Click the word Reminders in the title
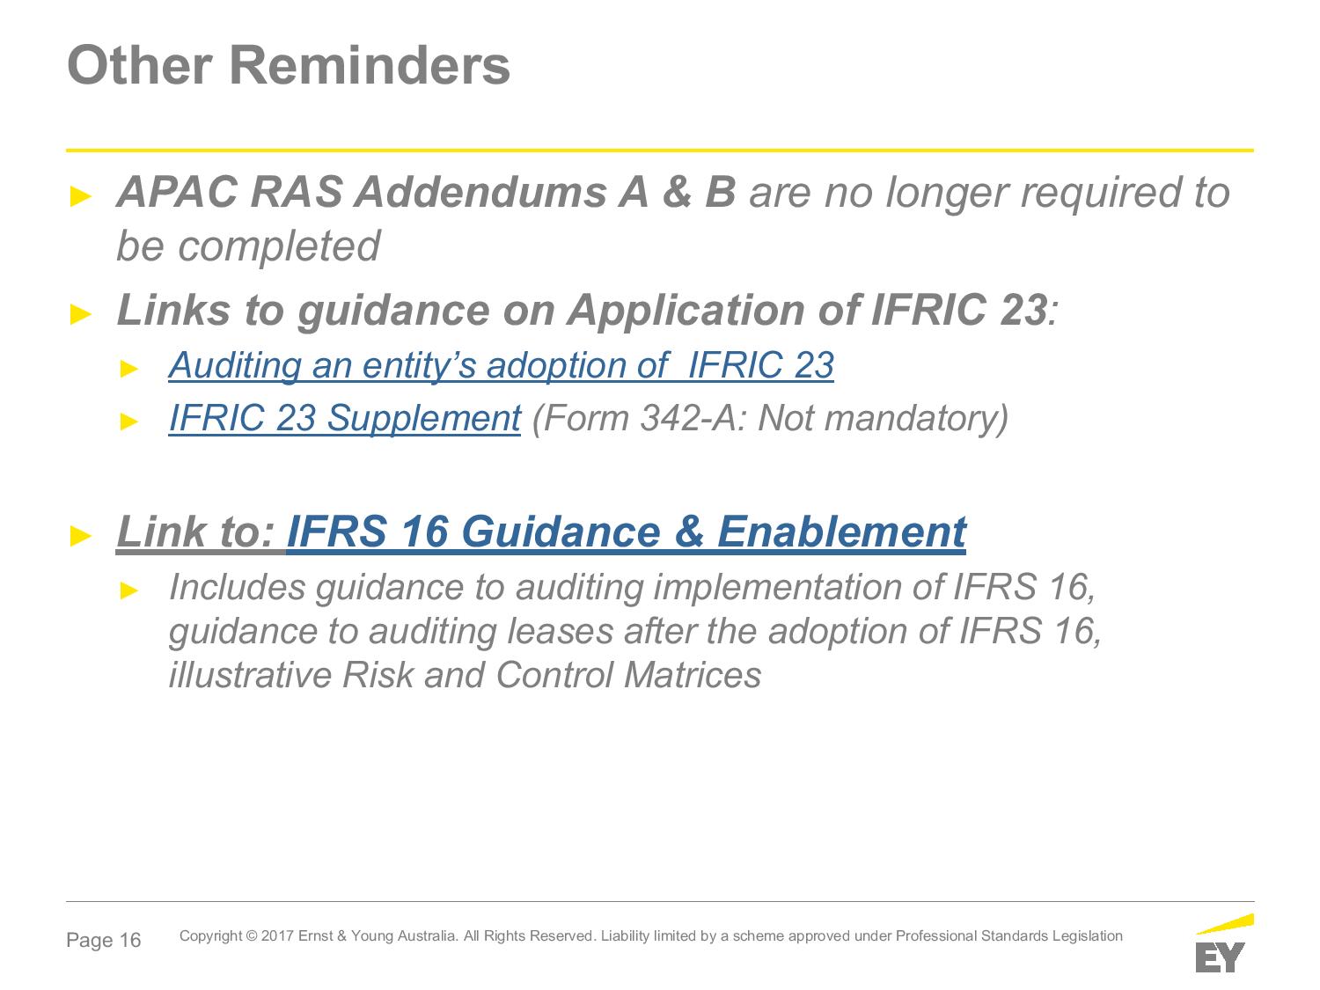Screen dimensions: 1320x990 [x=370, y=65]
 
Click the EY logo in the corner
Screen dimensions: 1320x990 [x=1224, y=943]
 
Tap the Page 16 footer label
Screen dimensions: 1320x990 [x=104, y=940]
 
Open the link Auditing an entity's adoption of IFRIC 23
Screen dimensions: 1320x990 [x=501, y=365]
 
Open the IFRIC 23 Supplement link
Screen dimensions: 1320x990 [x=345, y=418]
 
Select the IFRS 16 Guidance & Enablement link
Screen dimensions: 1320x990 [x=626, y=532]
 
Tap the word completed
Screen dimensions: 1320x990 [x=279, y=246]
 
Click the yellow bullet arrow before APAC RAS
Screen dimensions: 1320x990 [x=81, y=196]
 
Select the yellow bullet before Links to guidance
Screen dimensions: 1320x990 [x=81, y=314]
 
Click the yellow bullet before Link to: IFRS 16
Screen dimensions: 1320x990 [x=81, y=536]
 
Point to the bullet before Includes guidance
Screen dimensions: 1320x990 [x=129, y=590]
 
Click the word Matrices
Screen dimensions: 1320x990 [x=693, y=675]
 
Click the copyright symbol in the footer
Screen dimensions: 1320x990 [x=252, y=936]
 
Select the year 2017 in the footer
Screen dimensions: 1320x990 [x=277, y=936]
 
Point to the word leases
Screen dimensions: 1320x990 [x=560, y=632]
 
